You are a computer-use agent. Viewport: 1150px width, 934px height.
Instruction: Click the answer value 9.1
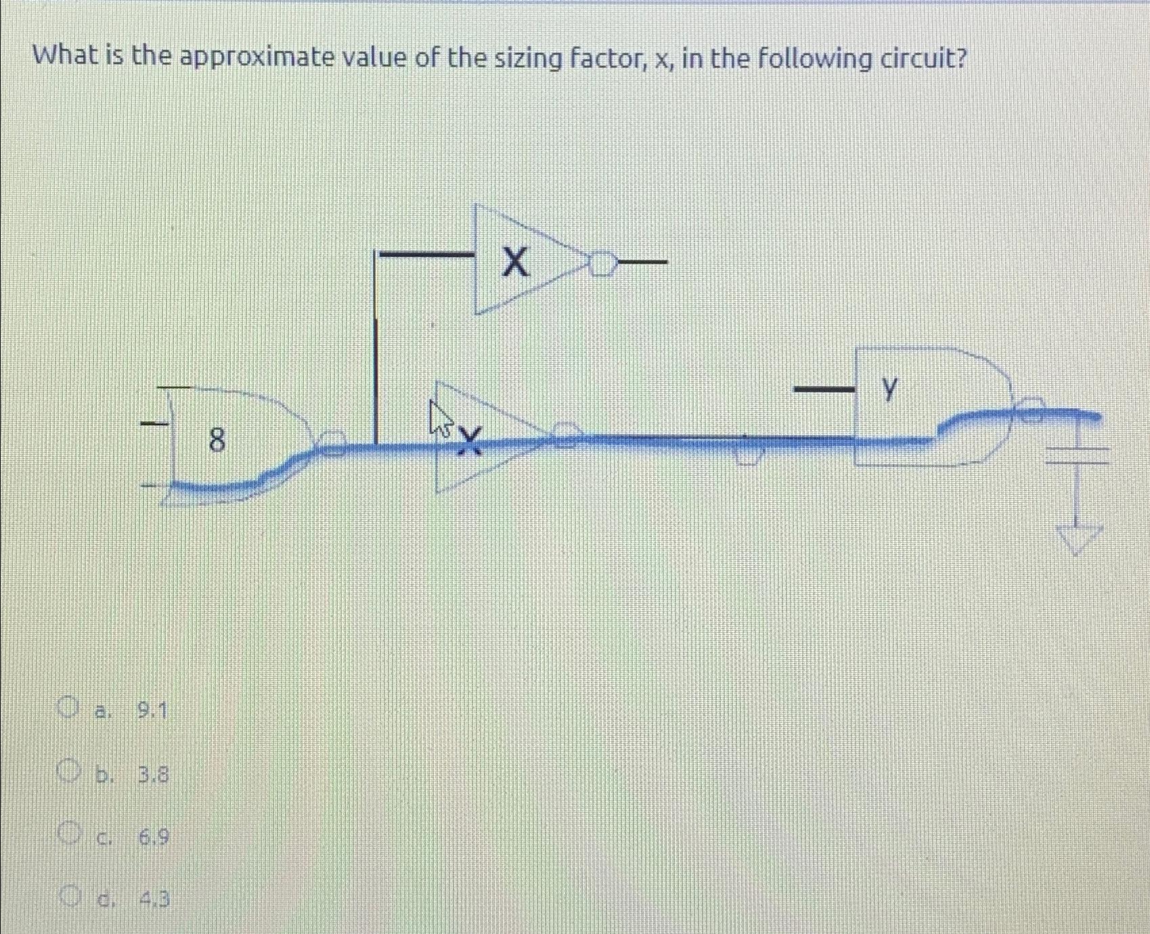click(x=152, y=711)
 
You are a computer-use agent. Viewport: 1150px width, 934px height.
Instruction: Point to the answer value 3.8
click(x=154, y=774)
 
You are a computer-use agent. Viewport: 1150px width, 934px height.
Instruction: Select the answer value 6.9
click(x=154, y=838)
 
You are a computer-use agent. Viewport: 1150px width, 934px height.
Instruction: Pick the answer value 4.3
click(x=154, y=899)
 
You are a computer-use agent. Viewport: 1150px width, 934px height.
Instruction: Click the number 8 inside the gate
click(x=217, y=441)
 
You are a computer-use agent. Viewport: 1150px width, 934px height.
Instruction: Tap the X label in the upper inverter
click(x=515, y=262)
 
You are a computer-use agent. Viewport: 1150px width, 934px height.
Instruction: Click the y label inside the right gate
click(x=891, y=388)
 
